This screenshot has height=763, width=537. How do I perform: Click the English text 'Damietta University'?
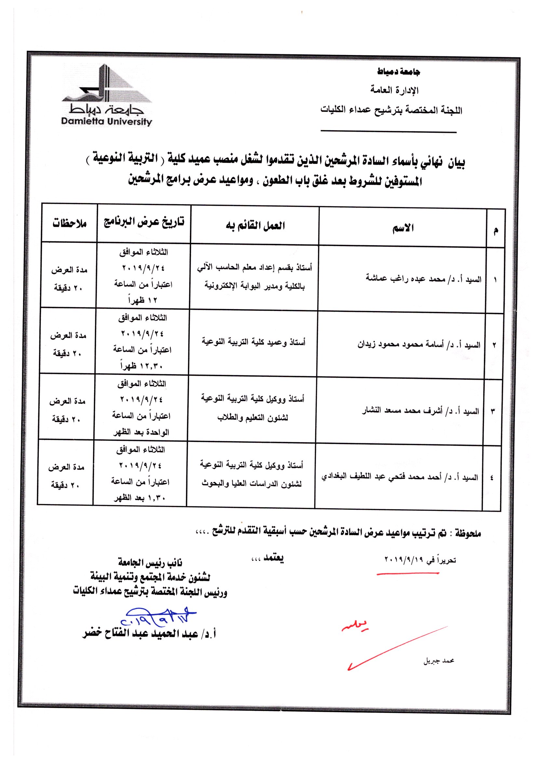click(x=106, y=121)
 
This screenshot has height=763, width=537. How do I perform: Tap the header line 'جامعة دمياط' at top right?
click(x=398, y=71)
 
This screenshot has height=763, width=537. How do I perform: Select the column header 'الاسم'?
click(x=403, y=228)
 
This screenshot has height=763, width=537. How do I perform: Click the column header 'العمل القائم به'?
click(x=255, y=226)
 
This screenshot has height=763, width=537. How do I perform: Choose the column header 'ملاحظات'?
click(x=69, y=223)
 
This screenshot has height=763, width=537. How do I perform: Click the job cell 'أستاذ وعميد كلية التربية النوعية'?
click(x=254, y=342)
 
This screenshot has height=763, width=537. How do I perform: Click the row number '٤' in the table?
click(x=491, y=478)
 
